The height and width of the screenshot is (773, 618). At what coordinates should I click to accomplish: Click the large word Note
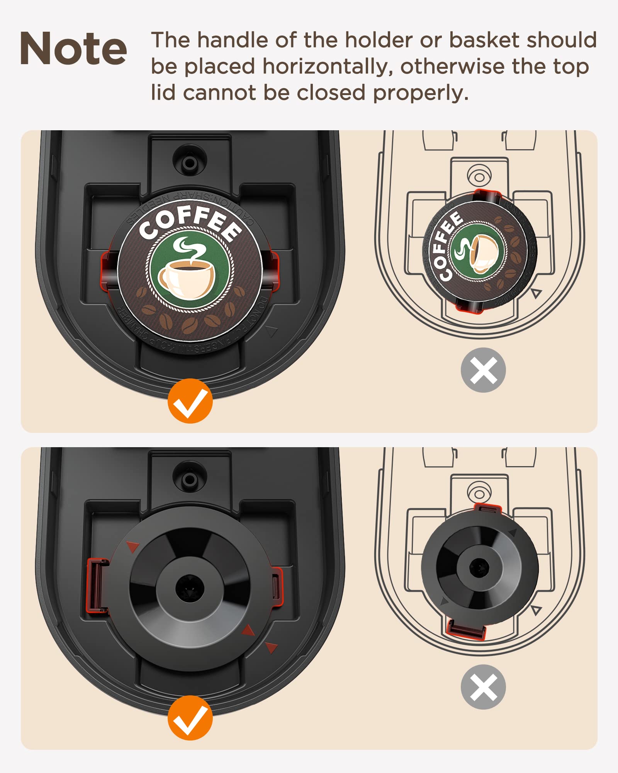coord(73,49)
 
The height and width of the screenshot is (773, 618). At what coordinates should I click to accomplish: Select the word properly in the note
coord(421,94)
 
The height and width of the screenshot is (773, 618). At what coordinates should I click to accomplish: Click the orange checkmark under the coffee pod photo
coord(190,401)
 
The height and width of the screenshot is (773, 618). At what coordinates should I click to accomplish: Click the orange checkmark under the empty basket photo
coord(190,718)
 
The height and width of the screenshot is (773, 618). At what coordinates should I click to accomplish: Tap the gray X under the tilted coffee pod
coord(483,370)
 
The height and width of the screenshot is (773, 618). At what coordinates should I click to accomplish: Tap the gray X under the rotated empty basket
coord(483,687)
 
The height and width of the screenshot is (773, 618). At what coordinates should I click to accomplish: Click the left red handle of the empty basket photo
coord(97,586)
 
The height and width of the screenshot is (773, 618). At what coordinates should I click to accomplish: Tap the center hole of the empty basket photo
coord(190,588)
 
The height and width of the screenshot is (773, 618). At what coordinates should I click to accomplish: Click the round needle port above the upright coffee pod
coord(190,162)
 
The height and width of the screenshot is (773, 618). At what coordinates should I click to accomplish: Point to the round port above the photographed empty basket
coord(190,480)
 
